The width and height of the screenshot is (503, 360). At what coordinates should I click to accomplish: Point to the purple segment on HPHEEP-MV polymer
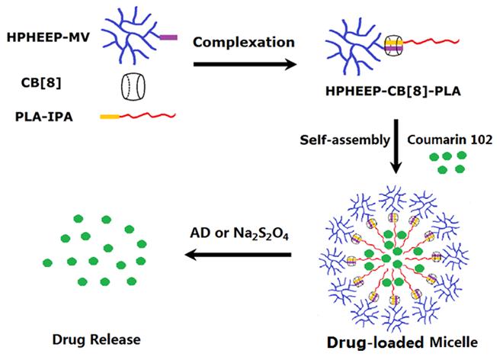click(168, 36)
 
